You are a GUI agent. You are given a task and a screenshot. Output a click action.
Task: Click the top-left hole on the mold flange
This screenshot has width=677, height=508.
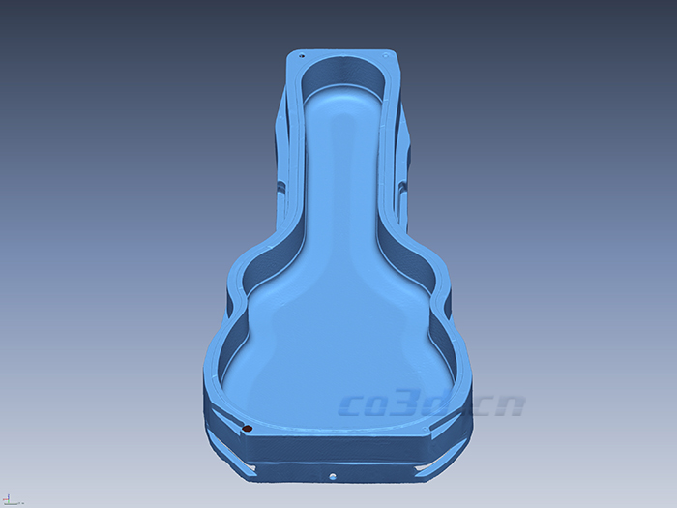coord(301,56)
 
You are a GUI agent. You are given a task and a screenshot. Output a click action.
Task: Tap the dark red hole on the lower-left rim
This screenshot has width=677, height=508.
coord(247,427)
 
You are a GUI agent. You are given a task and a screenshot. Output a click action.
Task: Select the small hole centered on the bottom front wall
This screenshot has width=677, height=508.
coord(333,475)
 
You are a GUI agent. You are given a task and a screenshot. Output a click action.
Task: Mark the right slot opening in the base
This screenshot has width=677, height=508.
coord(426,468)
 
